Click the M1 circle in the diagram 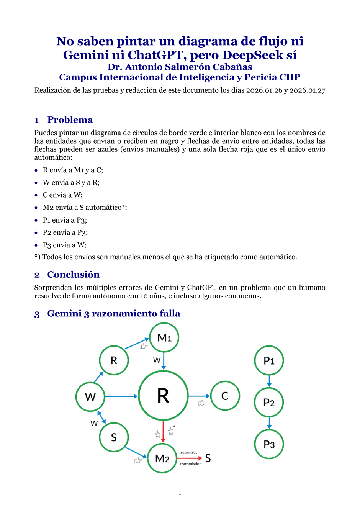coord(164,337)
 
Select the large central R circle coord(163,396)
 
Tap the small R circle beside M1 coord(114,360)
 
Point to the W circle coord(90,397)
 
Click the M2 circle coord(162,458)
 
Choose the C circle coord(225,396)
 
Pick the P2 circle coord(269,403)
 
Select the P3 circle coord(269,444)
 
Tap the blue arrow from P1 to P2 coord(269,381)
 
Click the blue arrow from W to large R coord(121,396)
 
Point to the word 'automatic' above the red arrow coord(189,452)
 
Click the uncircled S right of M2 coord(208,458)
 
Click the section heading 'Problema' coord(70,120)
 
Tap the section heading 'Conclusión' coord(73,275)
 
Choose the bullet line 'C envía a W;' coord(62,195)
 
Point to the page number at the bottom coord(180,493)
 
